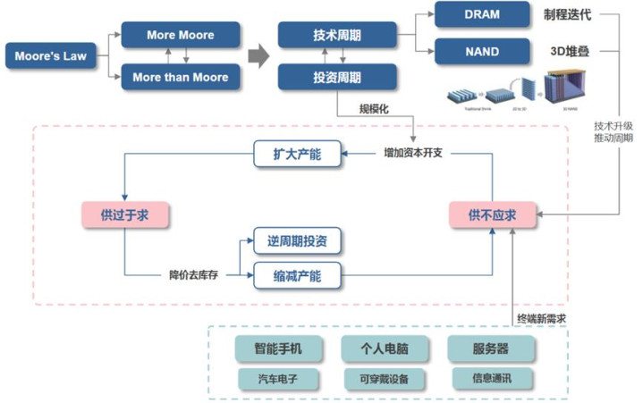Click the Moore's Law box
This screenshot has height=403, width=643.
(x=49, y=56)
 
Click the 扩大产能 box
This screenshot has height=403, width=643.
(x=296, y=154)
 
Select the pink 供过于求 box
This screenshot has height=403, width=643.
(x=124, y=214)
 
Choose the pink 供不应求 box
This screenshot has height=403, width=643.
(x=493, y=214)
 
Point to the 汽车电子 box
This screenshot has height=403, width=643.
(x=279, y=379)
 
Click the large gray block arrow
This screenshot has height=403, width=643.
(x=258, y=57)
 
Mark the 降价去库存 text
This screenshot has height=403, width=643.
(x=195, y=274)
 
